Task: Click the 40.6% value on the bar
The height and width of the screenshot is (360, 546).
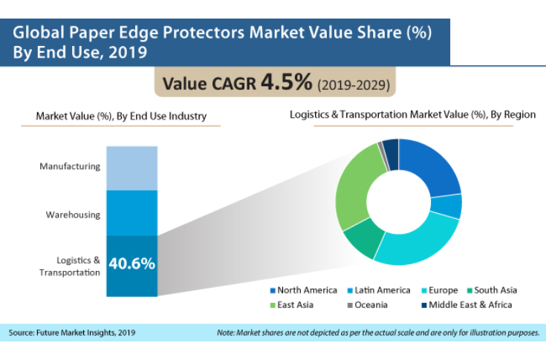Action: click(x=132, y=263)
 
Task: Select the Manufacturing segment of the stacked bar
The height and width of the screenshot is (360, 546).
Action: click(x=132, y=168)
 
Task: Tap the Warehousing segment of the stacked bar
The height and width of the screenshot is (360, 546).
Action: click(x=132, y=212)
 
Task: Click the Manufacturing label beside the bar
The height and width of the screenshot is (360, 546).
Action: click(x=70, y=166)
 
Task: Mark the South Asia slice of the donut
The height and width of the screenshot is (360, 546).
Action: click(x=358, y=240)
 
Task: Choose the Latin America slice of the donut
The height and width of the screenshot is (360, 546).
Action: click(x=449, y=206)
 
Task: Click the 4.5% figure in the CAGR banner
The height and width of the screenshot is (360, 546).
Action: click(x=286, y=84)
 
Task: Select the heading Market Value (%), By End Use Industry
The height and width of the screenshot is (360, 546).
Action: click(x=121, y=117)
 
